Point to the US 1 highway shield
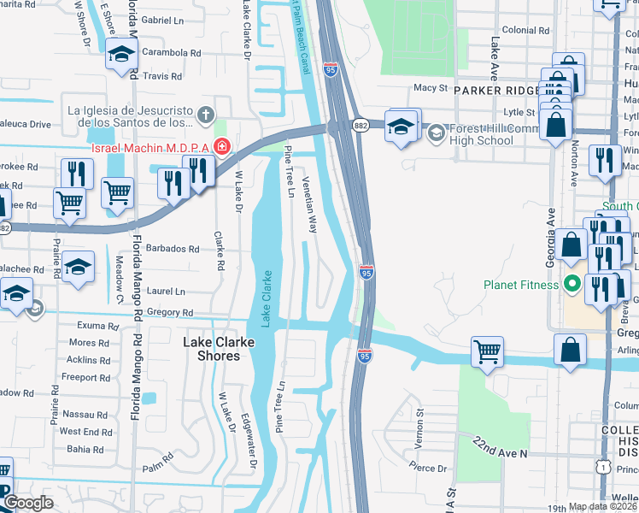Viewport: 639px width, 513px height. (x=603, y=467)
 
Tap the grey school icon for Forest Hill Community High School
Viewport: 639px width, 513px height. (x=437, y=133)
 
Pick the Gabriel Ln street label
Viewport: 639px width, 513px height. (x=167, y=19)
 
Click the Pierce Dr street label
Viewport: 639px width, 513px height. (x=428, y=468)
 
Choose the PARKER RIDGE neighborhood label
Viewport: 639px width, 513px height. (x=497, y=90)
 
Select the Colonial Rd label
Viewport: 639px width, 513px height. (x=519, y=30)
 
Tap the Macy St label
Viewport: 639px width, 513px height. (x=431, y=88)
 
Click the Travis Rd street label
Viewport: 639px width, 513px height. (x=163, y=76)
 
